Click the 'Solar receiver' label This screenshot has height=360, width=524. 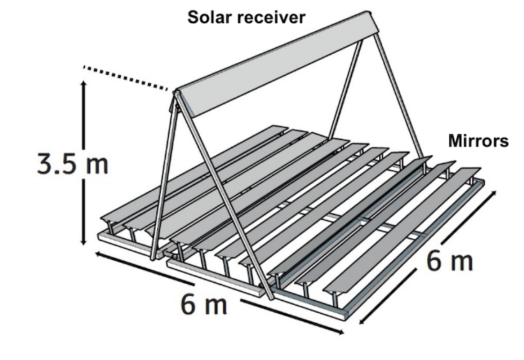pyautogui.click(x=246, y=17)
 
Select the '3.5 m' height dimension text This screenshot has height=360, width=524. pyautogui.click(x=73, y=166)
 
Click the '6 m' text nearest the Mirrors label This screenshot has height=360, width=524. pyautogui.click(x=449, y=262)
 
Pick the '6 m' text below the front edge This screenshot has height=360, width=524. pyautogui.click(x=204, y=305)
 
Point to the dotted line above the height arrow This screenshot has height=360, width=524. pyautogui.click(x=126, y=77)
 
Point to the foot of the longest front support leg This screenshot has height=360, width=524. pyautogui.click(x=271, y=297)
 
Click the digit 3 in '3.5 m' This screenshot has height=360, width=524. pyautogui.click(x=47, y=166)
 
